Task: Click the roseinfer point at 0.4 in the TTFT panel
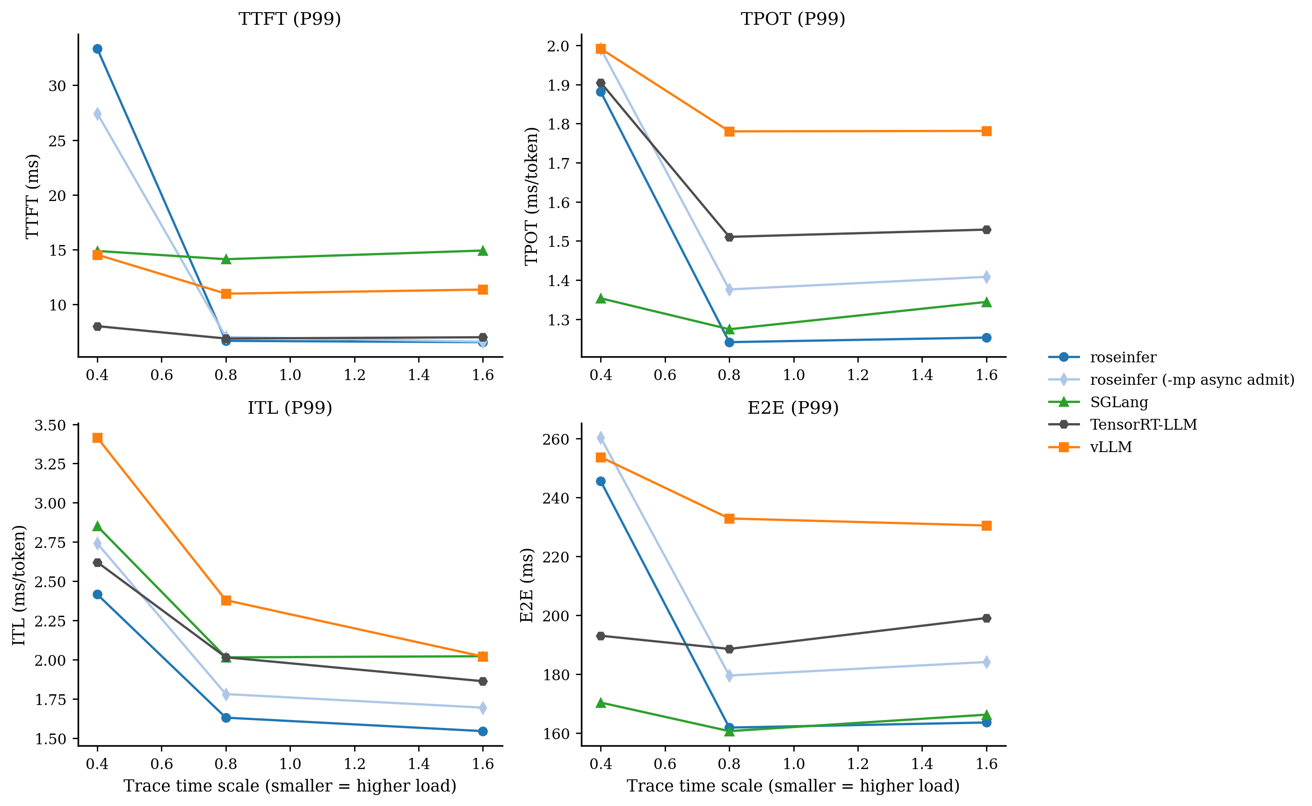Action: tap(97, 49)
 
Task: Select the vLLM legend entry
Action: tap(1110, 447)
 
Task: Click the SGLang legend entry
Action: tap(1118, 403)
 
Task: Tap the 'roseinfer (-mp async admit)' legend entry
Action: tap(1191, 380)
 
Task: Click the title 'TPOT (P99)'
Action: tap(792, 19)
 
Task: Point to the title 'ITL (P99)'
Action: tap(290, 408)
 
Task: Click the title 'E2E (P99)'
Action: tap(792, 408)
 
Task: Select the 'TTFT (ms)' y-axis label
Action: tap(32, 196)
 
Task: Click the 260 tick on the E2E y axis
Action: tap(556, 439)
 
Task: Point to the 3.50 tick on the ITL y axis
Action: tap(50, 425)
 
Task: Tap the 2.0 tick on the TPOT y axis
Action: tap(558, 46)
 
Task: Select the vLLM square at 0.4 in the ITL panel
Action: tap(97, 438)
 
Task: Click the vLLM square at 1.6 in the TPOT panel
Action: tap(986, 131)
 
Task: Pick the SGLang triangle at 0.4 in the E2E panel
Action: tap(601, 703)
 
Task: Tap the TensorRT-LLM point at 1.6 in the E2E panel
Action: tap(986, 619)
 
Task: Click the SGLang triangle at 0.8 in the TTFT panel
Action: tap(226, 259)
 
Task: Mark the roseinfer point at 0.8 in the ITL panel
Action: tap(226, 718)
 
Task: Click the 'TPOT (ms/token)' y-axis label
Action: tap(531, 196)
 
